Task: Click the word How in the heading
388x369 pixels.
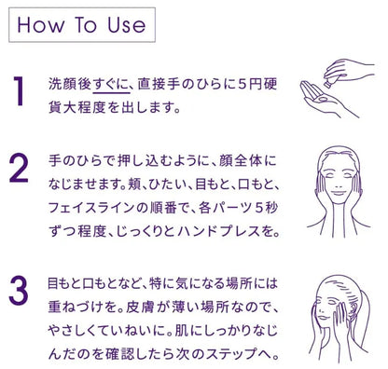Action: [40, 25]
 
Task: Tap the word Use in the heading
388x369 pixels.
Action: [127, 25]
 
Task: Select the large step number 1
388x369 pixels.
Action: [19, 91]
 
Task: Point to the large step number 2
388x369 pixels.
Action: [19, 168]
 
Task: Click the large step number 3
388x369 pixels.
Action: [19, 290]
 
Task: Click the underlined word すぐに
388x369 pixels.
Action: [112, 84]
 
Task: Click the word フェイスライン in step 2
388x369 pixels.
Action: [91, 208]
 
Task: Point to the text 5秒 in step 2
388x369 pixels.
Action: [266, 208]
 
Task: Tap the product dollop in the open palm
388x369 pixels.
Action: [322, 99]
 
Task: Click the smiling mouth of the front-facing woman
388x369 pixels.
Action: [339, 193]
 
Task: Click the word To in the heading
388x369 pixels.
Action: [86, 25]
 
